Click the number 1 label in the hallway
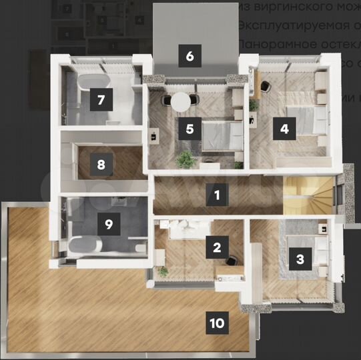pos(216,195)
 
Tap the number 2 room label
pos(216,248)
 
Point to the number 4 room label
pos(285,129)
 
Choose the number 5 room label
pos(190,129)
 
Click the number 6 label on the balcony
pos(190,55)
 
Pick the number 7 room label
pos(101,101)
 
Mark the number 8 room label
pos(101,164)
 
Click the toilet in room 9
pos(139,248)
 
